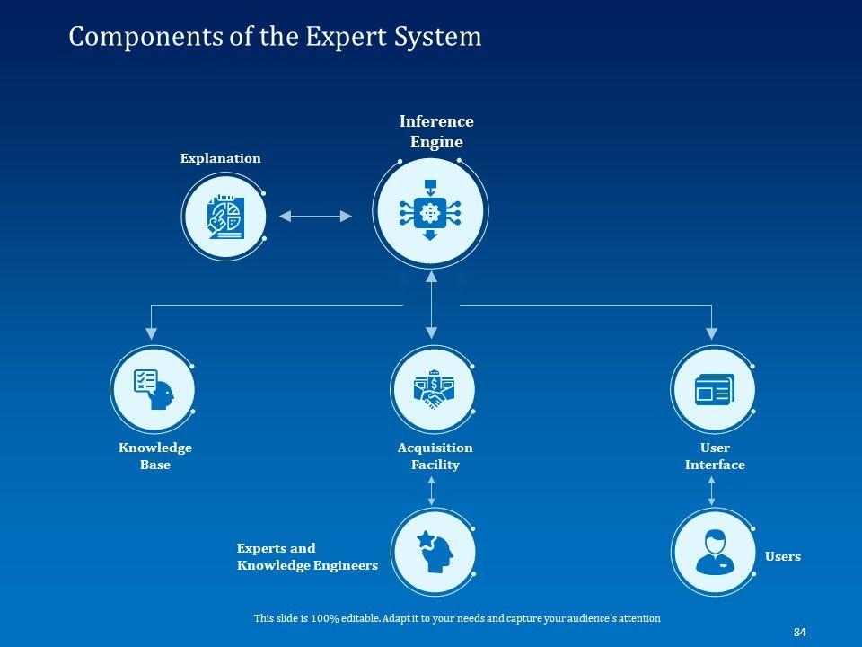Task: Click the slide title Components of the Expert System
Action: [x=275, y=37]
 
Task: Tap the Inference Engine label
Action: [x=436, y=131]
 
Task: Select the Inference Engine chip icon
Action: [x=430, y=212]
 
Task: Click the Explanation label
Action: [x=220, y=159]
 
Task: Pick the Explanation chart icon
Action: [x=224, y=216]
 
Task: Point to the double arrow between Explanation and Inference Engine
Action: [x=315, y=216]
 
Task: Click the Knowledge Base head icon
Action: [x=152, y=389]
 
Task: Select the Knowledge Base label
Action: [x=154, y=456]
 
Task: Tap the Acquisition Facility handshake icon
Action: [x=433, y=389]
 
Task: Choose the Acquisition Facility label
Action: [x=435, y=456]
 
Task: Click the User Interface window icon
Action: [x=714, y=389]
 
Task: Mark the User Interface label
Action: [x=715, y=456]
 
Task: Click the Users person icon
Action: [x=714, y=553]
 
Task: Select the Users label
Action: [x=782, y=557]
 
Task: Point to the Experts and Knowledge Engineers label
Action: [x=306, y=557]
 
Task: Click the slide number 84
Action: [x=799, y=633]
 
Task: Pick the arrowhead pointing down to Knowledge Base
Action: [x=151, y=333]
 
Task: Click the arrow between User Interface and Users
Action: [x=712, y=490]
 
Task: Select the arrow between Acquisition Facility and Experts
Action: [x=432, y=490]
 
